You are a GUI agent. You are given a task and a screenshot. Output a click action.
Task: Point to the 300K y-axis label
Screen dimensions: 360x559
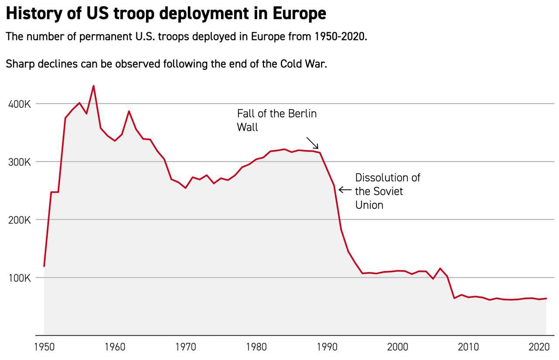(19, 162)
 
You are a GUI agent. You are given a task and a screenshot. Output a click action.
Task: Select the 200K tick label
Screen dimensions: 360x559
(19, 220)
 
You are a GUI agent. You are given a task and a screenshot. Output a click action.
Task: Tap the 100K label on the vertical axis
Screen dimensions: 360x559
(19, 278)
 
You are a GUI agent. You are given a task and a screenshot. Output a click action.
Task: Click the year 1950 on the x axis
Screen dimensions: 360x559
(44, 347)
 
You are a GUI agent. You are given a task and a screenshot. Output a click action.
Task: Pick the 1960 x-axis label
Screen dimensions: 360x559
(115, 347)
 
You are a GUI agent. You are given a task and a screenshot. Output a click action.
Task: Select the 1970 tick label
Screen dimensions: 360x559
(186, 347)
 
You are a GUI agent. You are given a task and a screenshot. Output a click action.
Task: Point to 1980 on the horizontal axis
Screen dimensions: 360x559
(256, 347)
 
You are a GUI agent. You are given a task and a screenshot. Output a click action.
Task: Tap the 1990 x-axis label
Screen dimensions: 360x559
(327, 347)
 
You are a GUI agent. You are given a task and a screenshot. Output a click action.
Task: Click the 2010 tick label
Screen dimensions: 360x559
(469, 347)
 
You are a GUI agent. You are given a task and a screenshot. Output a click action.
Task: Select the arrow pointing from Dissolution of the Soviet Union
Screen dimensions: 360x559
(345, 190)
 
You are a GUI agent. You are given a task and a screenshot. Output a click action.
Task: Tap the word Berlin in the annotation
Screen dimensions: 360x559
(302, 114)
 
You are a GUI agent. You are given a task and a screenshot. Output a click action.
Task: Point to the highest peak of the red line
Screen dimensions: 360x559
(93, 86)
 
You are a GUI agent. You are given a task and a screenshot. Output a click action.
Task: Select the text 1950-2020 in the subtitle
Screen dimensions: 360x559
(339, 36)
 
